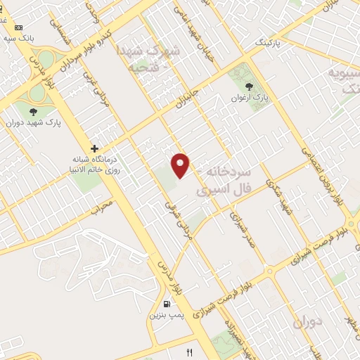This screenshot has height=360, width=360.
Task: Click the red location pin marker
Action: [181, 165]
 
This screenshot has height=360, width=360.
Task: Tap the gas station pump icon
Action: [167, 304]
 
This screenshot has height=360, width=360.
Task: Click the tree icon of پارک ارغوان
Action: [248, 86]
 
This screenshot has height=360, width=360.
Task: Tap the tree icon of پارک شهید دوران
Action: [33, 111]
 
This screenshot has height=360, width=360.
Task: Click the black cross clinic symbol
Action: [94, 148]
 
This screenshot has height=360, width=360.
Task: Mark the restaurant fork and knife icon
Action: [188, 350]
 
